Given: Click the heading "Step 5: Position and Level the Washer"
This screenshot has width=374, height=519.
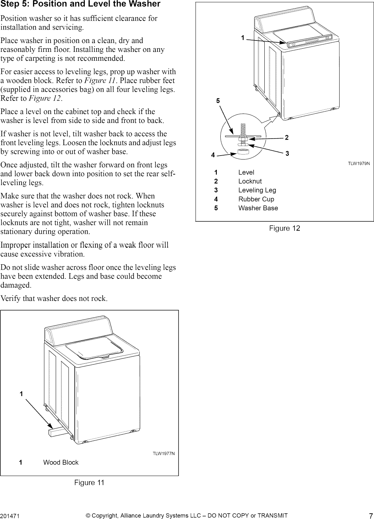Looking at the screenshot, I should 80,5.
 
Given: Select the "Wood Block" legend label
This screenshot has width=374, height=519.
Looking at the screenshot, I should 61,462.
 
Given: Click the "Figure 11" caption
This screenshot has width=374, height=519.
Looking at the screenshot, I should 89,482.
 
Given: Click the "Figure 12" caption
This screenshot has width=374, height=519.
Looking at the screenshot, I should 284,228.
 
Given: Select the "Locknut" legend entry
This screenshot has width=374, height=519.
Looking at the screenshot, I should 250,181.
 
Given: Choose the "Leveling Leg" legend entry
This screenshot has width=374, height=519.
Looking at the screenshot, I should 257,190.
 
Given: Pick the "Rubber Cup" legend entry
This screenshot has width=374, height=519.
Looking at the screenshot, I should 256,199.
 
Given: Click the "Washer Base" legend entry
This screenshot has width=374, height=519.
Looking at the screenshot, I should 258,208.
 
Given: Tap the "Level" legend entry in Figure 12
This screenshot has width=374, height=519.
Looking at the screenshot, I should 246,172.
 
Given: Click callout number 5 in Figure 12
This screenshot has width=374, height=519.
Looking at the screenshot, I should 218,101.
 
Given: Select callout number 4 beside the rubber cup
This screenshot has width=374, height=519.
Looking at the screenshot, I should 213,155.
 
